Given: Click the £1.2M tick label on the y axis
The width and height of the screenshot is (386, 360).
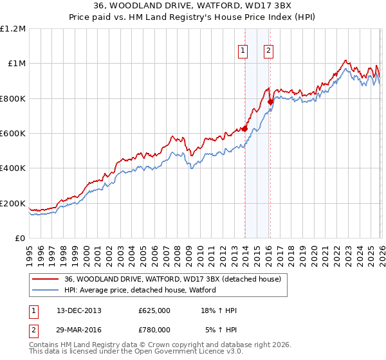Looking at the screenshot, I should pos(13,29).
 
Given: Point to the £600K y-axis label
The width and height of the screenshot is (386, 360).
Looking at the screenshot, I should pos(13,134).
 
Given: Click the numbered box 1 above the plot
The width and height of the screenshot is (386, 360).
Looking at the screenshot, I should pos(243,51).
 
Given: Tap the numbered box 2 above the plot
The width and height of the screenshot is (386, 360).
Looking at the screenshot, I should pos(268,51).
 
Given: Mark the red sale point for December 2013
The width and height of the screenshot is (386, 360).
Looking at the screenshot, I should pos(244,129).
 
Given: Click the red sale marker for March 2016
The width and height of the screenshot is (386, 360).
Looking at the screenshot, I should pos(270,102).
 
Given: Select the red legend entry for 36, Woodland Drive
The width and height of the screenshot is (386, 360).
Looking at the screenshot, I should pos(172,279).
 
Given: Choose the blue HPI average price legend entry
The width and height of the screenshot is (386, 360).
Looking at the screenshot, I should pos(140,290).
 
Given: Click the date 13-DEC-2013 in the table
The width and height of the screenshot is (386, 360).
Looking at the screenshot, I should pos(78,310).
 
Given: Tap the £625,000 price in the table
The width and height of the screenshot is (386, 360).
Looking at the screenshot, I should pos(154,310).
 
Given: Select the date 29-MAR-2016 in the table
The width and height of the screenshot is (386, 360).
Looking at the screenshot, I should pos(78,329).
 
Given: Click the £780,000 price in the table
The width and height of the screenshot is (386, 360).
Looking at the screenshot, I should pos(154,329).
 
